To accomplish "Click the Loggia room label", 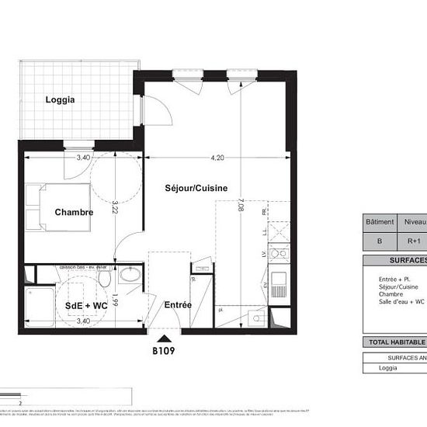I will coord(61,99).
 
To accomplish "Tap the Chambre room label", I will coord(74,212).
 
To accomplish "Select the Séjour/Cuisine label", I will coord(195,189).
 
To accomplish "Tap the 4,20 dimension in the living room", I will coord(218,158).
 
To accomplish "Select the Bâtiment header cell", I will coord(380,221).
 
